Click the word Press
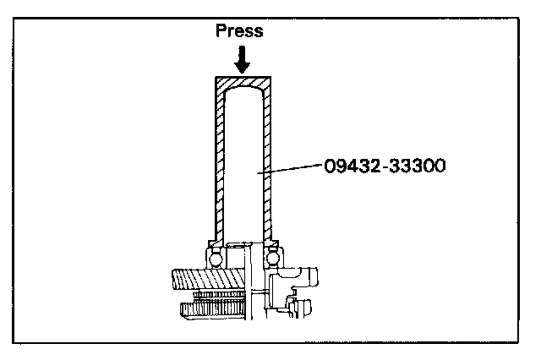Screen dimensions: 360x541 point(240,31)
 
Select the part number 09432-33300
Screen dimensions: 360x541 point(384,166)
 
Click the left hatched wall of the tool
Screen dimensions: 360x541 point(217,161)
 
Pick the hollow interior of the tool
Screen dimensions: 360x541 point(243,161)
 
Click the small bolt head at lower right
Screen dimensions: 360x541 point(304,313)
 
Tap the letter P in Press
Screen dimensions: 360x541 point(221,31)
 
